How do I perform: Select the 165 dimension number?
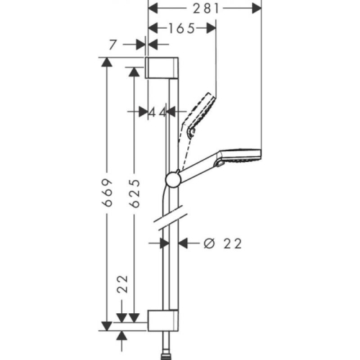(181, 28)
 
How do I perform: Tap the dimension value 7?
(112, 45)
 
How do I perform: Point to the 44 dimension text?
(157, 112)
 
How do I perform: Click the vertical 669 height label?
(107, 192)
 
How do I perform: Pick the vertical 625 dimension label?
(133, 192)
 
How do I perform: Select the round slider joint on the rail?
(173, 179)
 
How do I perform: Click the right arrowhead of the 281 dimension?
(256, 8)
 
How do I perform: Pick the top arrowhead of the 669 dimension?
(107, 63)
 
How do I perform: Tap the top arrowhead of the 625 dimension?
(133, 72)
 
